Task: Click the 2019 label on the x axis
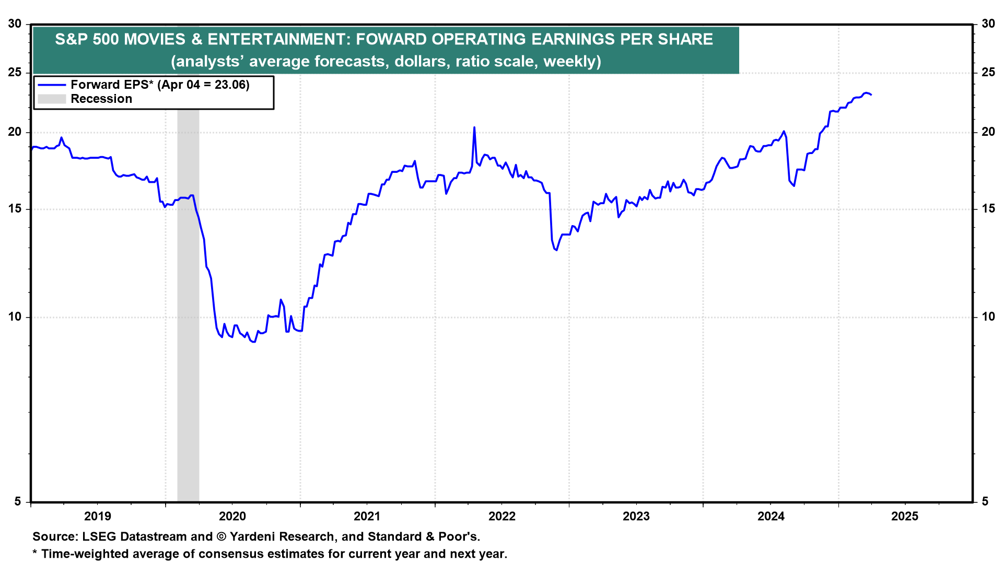98,516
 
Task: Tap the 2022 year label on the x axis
502,516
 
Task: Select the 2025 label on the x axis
905,516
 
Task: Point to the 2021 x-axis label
367,516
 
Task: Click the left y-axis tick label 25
15,72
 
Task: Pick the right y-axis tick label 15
988,209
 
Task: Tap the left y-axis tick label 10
15,317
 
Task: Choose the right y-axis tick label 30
988,24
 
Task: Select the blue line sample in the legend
52,85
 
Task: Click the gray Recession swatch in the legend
52,99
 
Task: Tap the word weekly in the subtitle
572,62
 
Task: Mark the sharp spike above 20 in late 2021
474,127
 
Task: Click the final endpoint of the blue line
871,95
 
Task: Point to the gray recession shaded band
188,313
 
